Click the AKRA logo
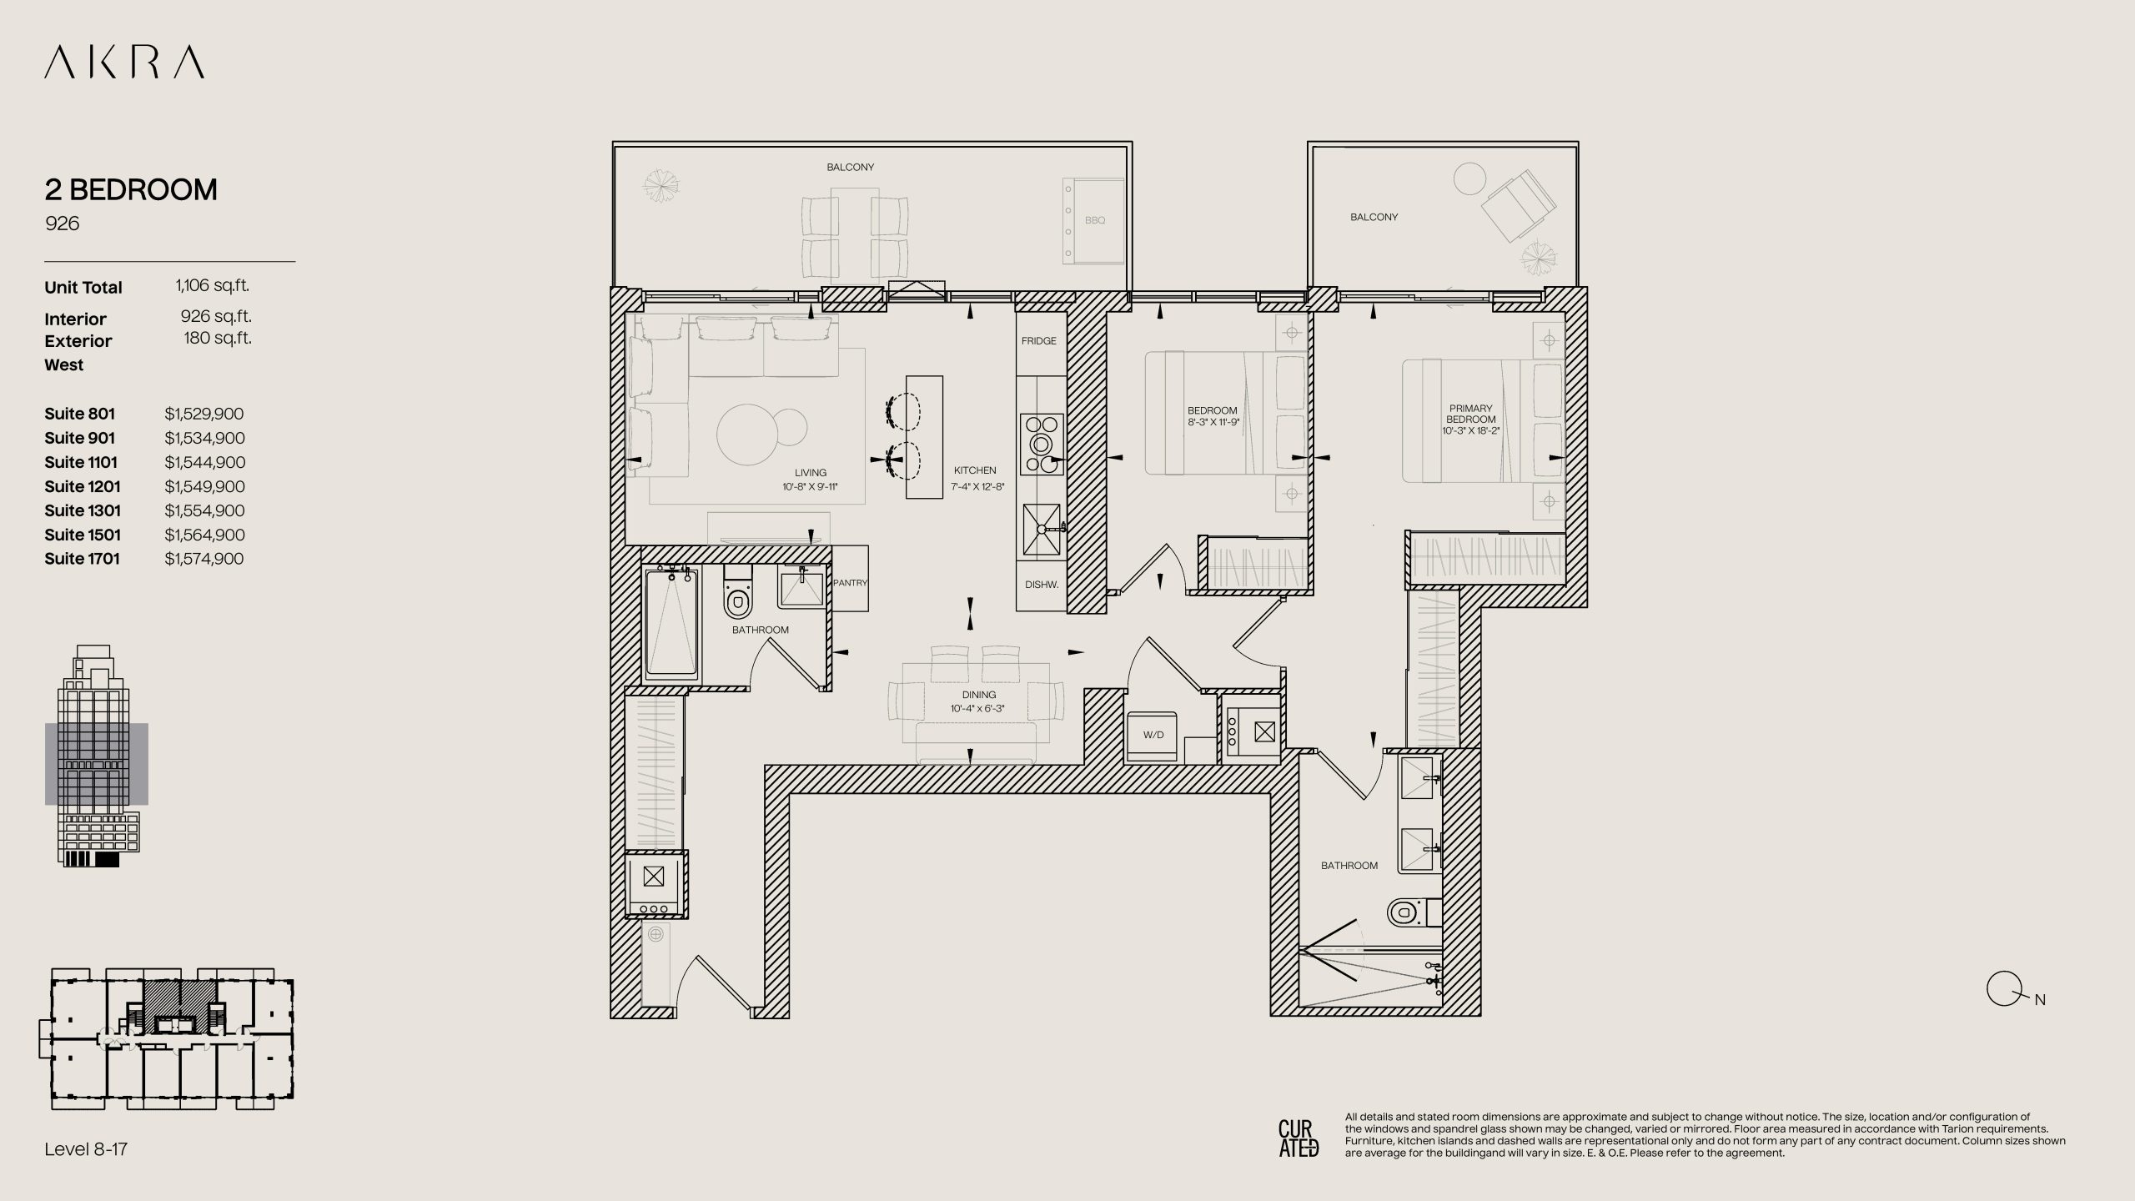[x=124, y=63]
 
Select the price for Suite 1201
[x=204, y=486]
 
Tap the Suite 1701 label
[x=82, y=559]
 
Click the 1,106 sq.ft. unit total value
[x=213, y=285]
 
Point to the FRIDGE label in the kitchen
[x=1039, y=341]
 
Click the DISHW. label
[x=1042, y=585]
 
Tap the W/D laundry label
[x=1153, y=735]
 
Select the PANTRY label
[x=851, y=583]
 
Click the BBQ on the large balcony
[x=1094, y=220]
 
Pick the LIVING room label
[x=811, y=473]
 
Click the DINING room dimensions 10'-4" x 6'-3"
[x=977, y=709]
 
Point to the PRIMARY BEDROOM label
[x=1471, y=415]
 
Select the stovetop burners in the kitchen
[x=1042, y=444]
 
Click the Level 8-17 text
[x=86, y=1149]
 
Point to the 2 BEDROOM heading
[x=131, y=190]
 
